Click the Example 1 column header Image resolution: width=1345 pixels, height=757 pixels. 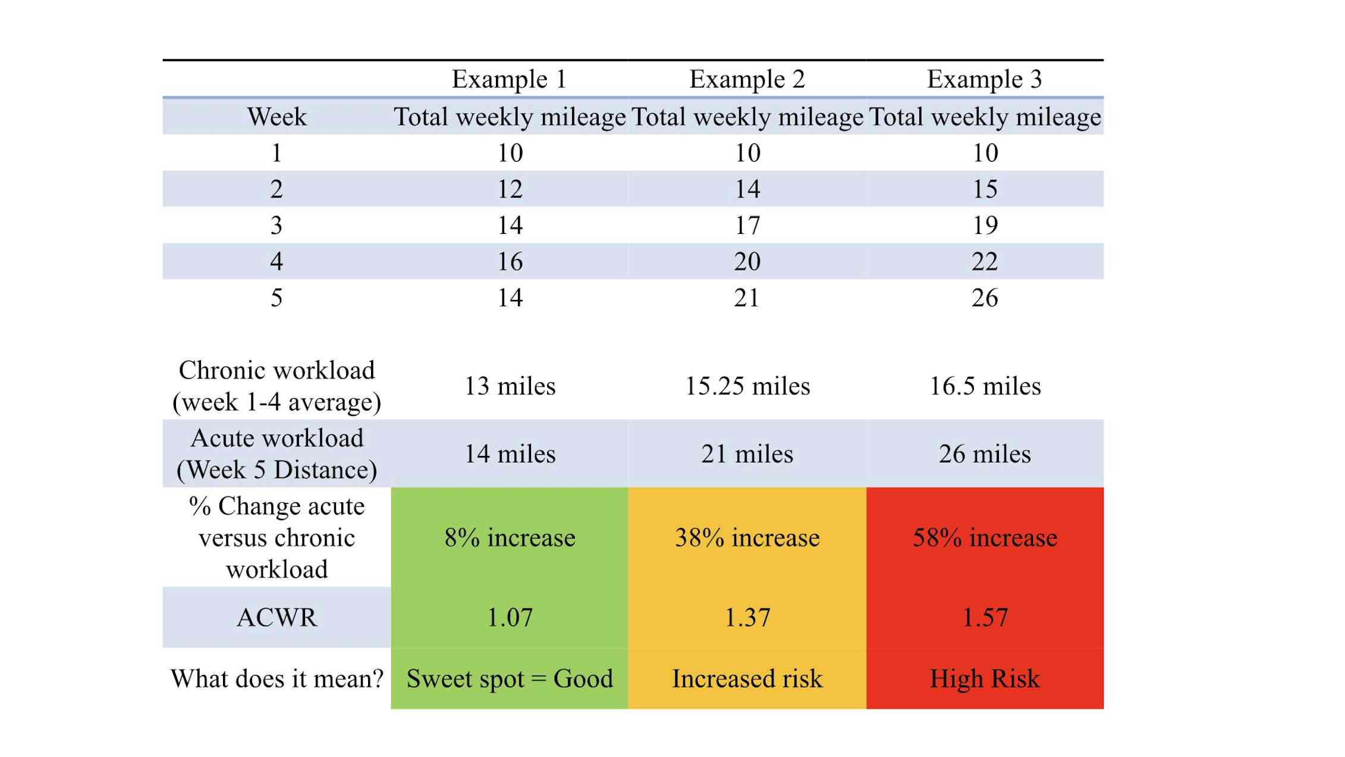click(509, 79)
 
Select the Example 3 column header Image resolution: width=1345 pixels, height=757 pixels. click(984, 79)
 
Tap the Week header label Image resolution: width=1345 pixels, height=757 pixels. click(276, 117)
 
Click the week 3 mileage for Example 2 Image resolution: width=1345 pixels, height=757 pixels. click(747, 226)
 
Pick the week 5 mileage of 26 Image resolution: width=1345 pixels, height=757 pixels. click(984, 298)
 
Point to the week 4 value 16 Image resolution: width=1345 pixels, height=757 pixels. click(510, 262)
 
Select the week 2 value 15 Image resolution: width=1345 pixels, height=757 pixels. click(984, 189)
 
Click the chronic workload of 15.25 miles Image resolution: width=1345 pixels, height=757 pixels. click(747, 386)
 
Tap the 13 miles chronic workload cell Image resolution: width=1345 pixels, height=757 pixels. click(510, 386)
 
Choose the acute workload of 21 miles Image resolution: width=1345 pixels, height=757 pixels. click(747, 454)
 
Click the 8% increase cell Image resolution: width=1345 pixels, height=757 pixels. click(510, 538)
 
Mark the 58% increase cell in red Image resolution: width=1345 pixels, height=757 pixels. click(984, 538)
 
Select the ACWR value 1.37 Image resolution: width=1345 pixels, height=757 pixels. click(747, 618)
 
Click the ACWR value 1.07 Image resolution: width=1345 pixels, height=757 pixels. click(510, 618)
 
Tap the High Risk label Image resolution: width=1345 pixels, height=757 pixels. click(984, 679)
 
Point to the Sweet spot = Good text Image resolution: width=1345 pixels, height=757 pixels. click(510, 679)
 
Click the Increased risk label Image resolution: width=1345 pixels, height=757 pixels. click(747, 679)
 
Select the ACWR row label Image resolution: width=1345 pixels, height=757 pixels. click(276, 618)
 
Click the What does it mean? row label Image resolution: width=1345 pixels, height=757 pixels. click(276, 679)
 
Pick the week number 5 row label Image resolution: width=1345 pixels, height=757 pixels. click(276, 298)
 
